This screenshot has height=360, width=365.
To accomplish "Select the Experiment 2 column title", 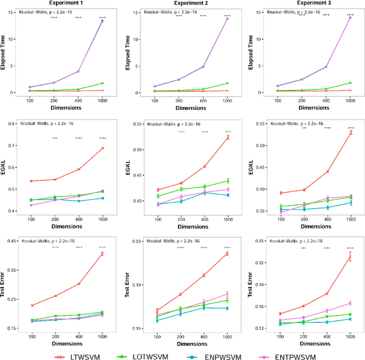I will click(x=188, y=4).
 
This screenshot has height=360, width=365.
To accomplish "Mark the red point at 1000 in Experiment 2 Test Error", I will click(x=227, y=253).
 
